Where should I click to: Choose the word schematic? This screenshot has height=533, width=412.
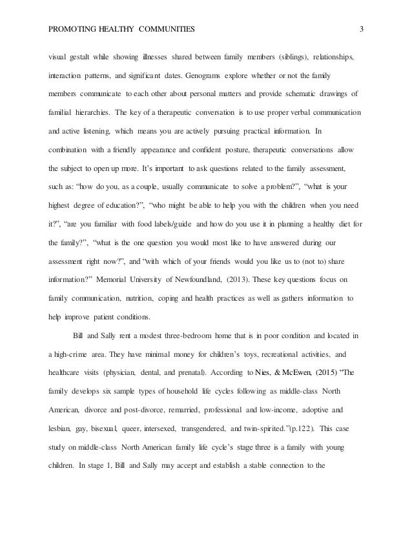294,93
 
